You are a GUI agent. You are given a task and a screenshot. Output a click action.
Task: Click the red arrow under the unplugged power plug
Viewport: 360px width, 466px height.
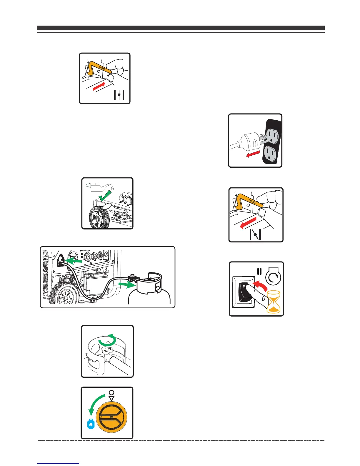[x=254, y=154]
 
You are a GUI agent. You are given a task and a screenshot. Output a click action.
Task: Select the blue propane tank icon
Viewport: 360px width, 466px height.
[x=91, y=425]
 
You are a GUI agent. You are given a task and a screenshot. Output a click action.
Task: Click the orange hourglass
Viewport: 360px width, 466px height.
[x=274, y=302]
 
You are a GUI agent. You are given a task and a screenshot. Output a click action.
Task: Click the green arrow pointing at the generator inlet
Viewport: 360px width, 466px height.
[x=74, y=261]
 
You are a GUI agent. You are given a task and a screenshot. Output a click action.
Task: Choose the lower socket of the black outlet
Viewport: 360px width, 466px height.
[x=272, y=154]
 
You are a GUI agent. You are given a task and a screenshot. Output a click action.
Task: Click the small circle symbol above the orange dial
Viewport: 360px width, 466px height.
[x=111, y=393]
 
